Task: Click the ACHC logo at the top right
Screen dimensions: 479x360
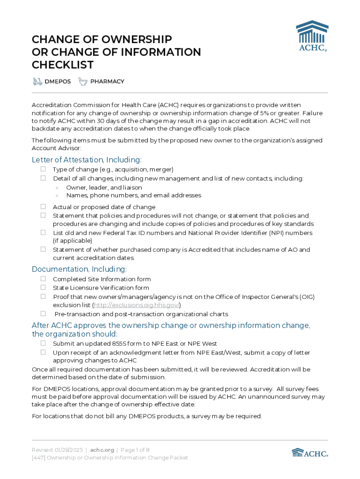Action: tap(312, 36)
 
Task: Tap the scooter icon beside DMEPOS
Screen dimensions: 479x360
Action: tap(37, 81)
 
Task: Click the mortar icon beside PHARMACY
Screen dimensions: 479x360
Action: tap(83, 81)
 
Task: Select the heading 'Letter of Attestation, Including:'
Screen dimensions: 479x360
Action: tap(86, 160)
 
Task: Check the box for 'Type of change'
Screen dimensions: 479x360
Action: tap(43, 169)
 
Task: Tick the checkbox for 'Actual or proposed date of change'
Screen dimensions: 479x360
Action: tap(43, 207)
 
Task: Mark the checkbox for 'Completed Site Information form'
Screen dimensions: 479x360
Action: tap(43, 279)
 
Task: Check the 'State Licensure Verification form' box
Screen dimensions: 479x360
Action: tap(43, 288)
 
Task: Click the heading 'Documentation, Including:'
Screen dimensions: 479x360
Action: tap(79, 269)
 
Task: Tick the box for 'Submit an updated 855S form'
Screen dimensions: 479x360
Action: tap(43, 343)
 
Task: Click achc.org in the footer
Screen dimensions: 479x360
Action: tap(102, 450)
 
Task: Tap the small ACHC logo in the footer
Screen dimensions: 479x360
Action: tap(310, 452)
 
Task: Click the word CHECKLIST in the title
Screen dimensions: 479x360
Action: tap(63, 65)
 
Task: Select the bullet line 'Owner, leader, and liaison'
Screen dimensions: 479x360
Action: tap(104, 187)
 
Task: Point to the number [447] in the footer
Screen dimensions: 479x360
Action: tap(38, 458)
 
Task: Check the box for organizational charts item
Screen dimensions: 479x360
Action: tap(43, 314)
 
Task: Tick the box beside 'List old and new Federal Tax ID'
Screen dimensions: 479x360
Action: tap(43, 232)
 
